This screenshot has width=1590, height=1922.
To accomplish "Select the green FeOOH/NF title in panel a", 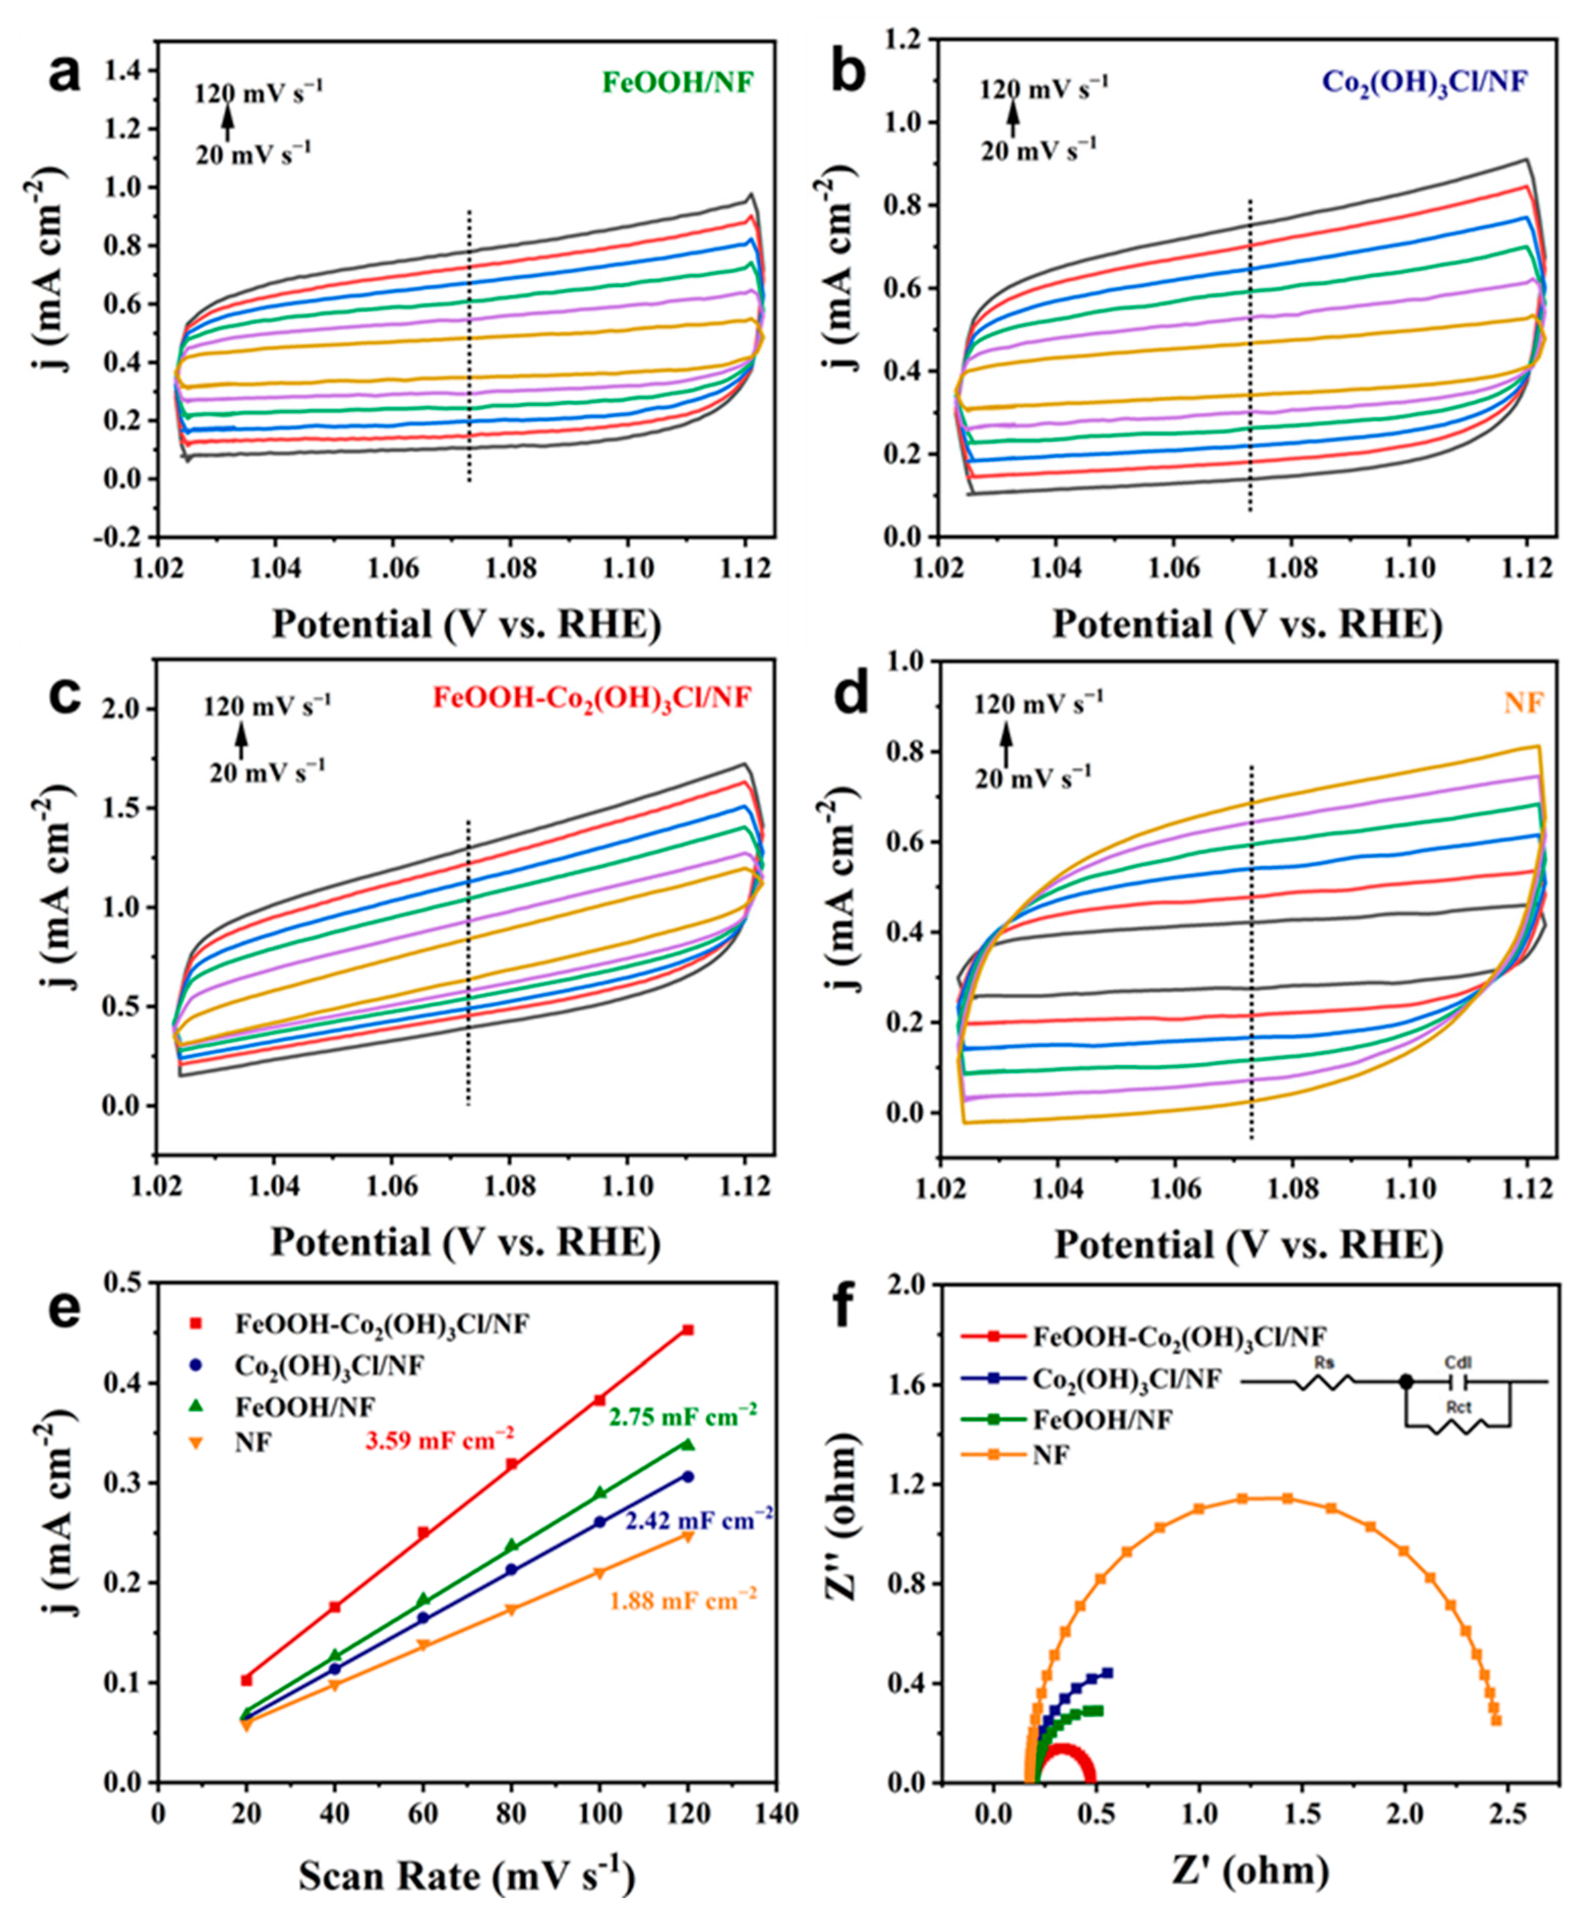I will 678,82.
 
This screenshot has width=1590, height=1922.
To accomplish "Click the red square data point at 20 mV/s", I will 246,1680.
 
